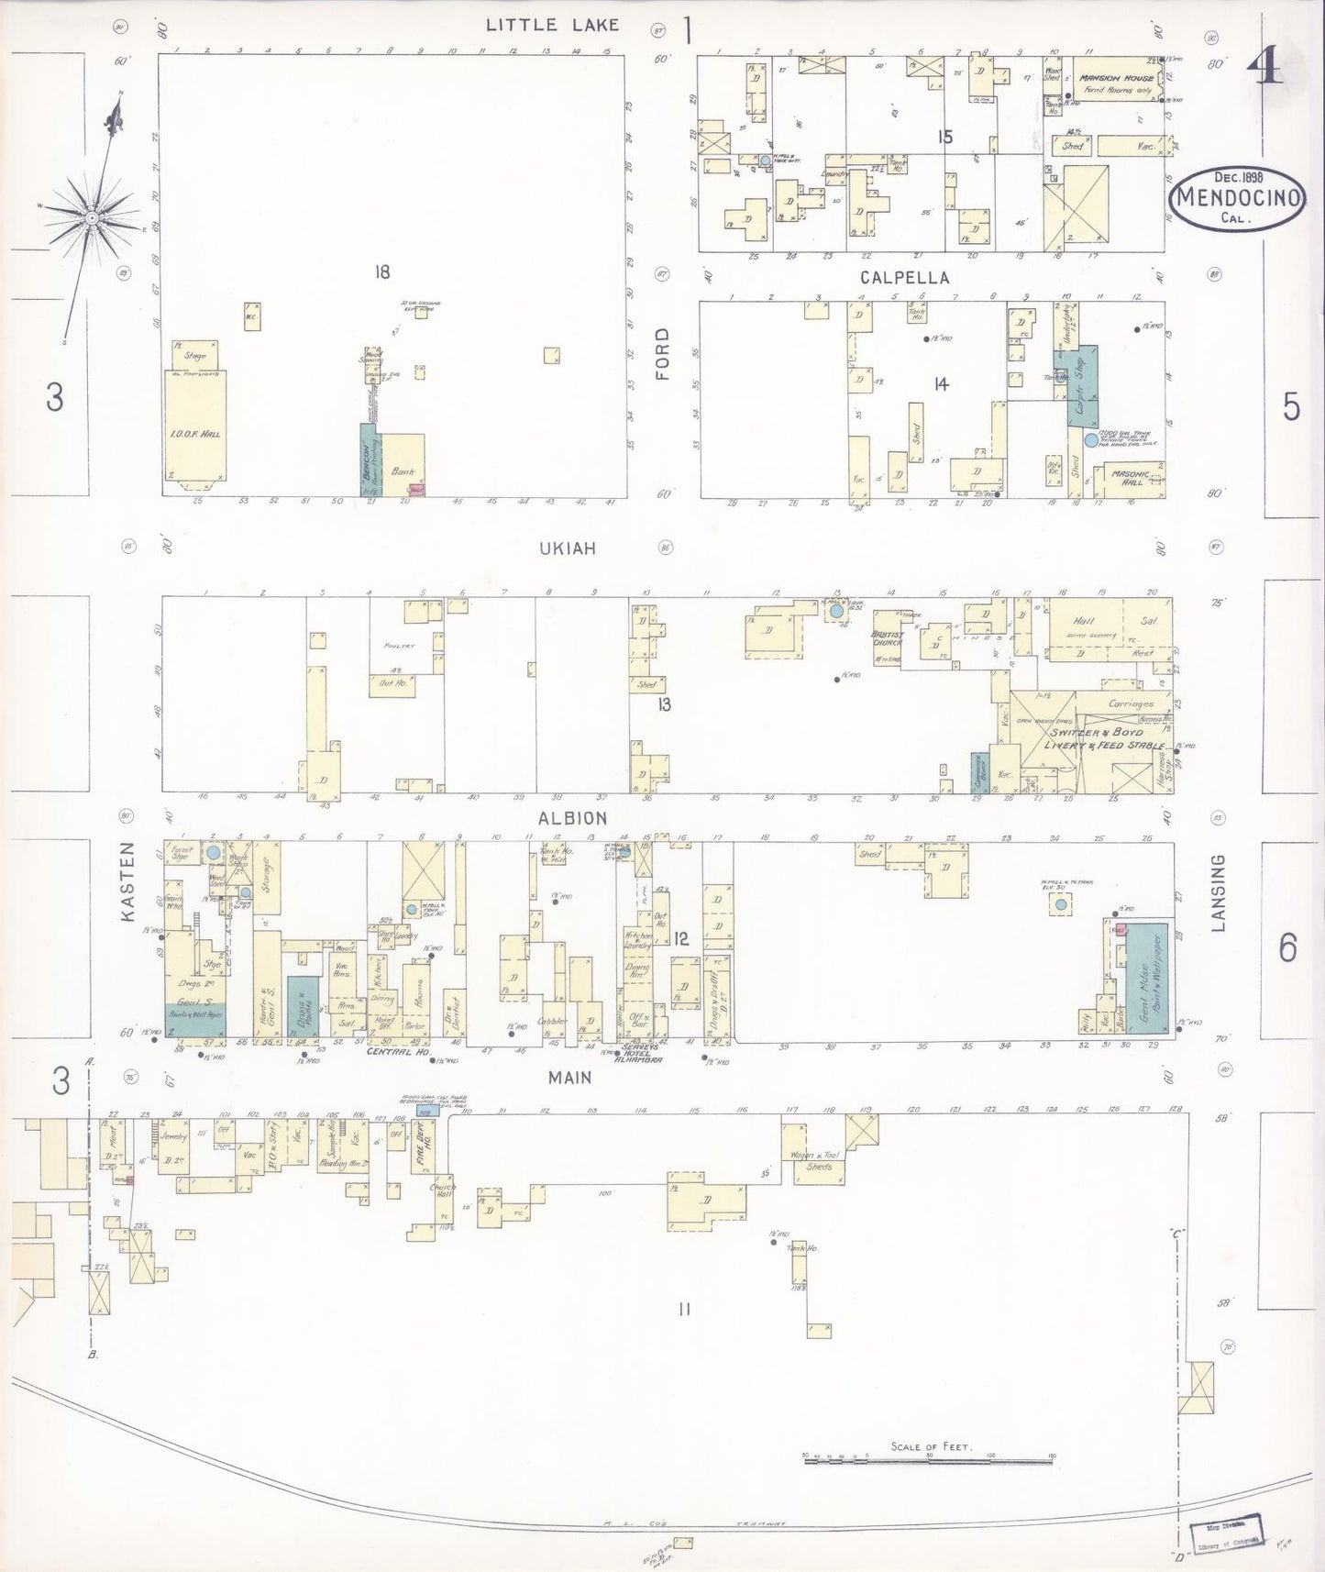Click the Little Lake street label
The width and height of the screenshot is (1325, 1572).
(x=552, y=25)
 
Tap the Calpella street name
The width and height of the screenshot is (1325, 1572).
(x=904, y=277)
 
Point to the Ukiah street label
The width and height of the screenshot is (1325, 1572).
(x=568, y=548)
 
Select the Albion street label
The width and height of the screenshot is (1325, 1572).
(x=572, y=818)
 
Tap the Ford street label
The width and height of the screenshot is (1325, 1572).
(x=662, y=354)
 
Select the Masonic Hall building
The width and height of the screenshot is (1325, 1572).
(x=1130, y=477)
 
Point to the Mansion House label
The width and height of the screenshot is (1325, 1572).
(x=1116, y=79)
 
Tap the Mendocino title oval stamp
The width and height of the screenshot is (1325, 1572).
(x=1238, y=197)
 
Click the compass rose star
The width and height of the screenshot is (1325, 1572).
(x=92, y=217)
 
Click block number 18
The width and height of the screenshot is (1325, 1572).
(x=381, y=271)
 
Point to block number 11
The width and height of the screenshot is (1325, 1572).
(x=683, y=1309)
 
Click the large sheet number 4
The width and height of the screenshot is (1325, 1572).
(x=1268, y=65)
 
